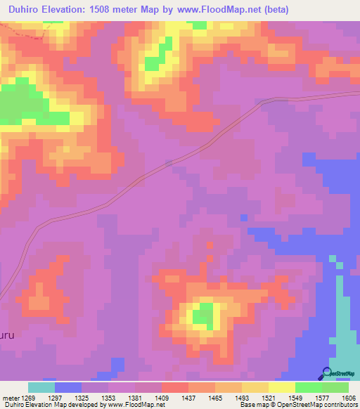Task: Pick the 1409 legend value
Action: pyautogui.click(x=162, y=398)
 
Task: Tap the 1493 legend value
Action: pyautogui.click(x=241, y=398)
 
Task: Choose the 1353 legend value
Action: pyautogui.click(x=108, y=398)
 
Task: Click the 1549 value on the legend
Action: pyautogui.click(x=294, y=398)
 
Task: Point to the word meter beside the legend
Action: pyautogui.click(x=9, y=398)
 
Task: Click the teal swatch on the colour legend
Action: pyautogui.click(x=41, y=387)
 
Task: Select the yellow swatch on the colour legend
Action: pyautogui.click(x=281, y=387)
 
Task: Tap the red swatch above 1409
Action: pyautogui.click(x=175, y=387)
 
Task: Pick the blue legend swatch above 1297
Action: pyautogui.click(x=68, y=387)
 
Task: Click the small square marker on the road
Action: pyautogui.click(x=168, y=164)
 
